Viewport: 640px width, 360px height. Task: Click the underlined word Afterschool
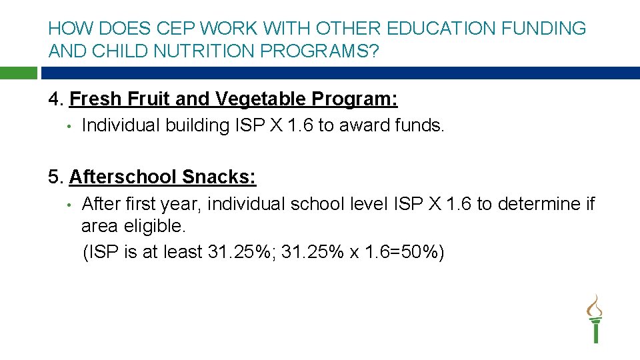(123, 177)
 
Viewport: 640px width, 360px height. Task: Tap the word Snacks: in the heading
(219, 177)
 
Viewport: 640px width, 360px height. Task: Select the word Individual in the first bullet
(121, 125)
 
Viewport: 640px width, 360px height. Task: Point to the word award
(363, 125)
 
